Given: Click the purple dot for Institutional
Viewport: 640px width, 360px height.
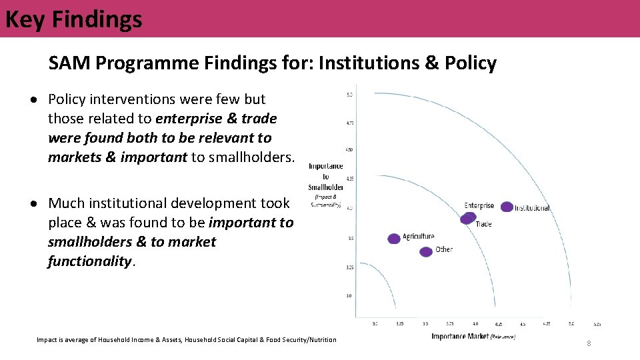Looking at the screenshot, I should [x=507, y=207].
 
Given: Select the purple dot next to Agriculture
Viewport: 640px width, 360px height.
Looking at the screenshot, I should [x=394, y=238].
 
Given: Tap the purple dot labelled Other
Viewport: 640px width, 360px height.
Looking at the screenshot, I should [x=426, y=251].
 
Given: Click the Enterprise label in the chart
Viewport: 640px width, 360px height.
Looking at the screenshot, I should [x=479, y=205].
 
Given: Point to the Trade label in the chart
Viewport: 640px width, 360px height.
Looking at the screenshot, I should [x=483, y=224].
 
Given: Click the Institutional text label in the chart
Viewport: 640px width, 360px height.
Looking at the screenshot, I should [x=532, y=208].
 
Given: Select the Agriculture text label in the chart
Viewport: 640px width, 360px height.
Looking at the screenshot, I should [x=419, y=236].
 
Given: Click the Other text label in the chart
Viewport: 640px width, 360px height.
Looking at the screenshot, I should [x=443, y=249].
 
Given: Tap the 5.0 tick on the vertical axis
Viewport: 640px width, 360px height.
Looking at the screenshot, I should [x=349, y=95].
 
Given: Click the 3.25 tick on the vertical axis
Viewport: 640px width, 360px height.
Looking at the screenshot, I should [x=349, y=268].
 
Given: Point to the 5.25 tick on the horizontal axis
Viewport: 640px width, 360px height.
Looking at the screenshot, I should [x=597, y=324].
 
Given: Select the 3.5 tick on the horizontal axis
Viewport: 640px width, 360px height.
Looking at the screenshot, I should [x=425, y=324].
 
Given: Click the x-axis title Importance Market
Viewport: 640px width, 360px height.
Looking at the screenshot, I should [x=460, y=337].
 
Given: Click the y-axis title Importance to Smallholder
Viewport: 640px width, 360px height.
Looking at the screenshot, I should [x=325, y=177].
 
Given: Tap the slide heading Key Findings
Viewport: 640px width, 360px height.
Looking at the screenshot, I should [x=73, y=19].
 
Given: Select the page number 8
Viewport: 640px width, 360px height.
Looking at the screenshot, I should [x=589, y=343].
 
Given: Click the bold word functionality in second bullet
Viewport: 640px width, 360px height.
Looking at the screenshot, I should [x=89, y=261].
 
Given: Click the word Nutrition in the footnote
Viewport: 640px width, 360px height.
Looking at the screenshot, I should [x=321, y=340].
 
